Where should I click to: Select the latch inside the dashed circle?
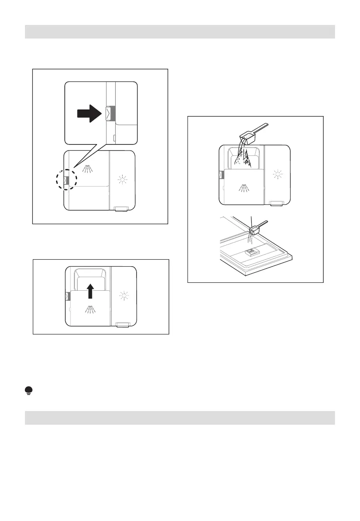(66, 180)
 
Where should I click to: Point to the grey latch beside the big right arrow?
(108, 113)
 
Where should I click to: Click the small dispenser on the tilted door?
(252, 252)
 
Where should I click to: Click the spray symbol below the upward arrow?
(90, 309)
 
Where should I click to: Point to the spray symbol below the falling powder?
(243, 188)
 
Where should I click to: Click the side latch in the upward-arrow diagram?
(67, 296)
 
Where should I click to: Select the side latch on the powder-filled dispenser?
(220, 175)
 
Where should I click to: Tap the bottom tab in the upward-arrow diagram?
(123, 324)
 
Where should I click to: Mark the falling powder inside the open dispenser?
(243, 158)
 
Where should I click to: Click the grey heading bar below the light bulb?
(180, 418)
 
